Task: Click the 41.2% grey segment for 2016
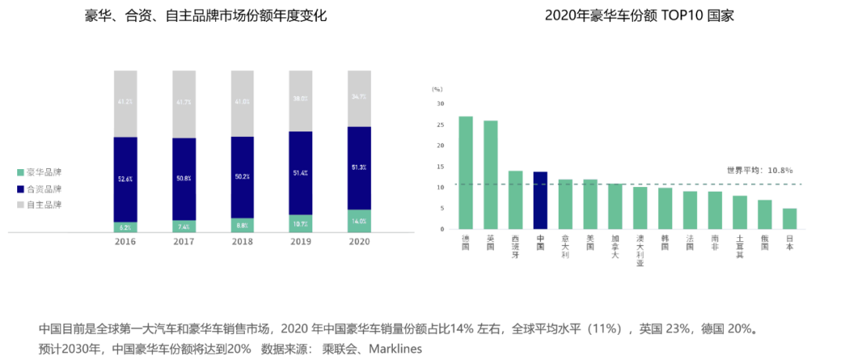(x=125, y=103)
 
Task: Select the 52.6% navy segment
(x=125, y=179)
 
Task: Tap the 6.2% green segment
(x=125, y=227)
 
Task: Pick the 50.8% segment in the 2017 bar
(x=184, y=178)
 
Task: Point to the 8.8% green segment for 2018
(x=242, y=225)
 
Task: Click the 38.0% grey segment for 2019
(x=300, y=99)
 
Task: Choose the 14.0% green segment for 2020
(x=359, y=221)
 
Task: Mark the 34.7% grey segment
(x=359, y=97)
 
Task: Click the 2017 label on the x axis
(x=184, y=242)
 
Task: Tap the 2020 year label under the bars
(x=359, y=242)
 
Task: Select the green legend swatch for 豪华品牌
(x=20, y=172)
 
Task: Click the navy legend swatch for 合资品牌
(x=20, y=189)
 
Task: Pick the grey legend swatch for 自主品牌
(x=20, y=204)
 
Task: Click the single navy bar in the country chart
(x=541, y=200)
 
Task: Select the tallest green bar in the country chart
(x=466, y=172)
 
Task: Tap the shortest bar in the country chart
(x=789, y=218)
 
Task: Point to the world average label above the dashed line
(x=759, y=169)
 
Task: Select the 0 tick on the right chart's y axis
(x=442, y=229)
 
